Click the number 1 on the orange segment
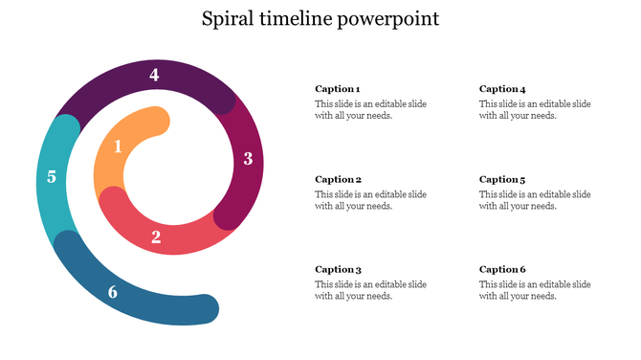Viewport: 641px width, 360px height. click(118, 146)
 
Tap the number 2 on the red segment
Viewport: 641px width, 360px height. click(156, 236)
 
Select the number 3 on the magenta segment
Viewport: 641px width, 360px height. click(248, 159)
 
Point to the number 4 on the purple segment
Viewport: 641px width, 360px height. click(154, 75)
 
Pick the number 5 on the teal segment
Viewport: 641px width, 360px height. click(52, 176)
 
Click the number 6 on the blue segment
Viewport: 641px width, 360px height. click(113, 292)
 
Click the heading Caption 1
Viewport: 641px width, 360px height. click(338, 89)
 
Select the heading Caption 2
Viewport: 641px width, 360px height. click(338, 179)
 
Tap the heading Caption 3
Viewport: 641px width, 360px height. click(338, 269)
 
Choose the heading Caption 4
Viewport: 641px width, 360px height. click(502, 89)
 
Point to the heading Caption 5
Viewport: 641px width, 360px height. click(502, 179)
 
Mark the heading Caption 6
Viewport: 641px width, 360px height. click(502, 269)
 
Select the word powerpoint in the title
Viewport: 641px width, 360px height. click(387, 20)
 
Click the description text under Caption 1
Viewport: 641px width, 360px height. click(370, 110)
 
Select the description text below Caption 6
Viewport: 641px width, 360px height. click(535, 290)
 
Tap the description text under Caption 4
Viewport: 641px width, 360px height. click(535, 110)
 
